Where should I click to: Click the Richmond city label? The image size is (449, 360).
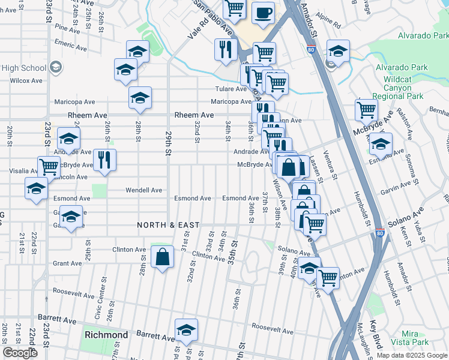point(106,334)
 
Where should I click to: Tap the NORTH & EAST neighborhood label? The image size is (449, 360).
point(168,225)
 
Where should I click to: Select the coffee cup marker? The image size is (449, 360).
point(263,13)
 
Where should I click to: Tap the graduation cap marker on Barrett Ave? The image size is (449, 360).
point(187,331)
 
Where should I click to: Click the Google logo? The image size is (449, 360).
point(20,353)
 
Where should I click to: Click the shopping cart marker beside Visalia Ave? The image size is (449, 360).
point(49,166)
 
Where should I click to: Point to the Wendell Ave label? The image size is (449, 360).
point(143,190)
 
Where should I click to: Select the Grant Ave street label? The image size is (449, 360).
point(67,263)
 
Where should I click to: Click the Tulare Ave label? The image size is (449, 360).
point(231,89)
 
